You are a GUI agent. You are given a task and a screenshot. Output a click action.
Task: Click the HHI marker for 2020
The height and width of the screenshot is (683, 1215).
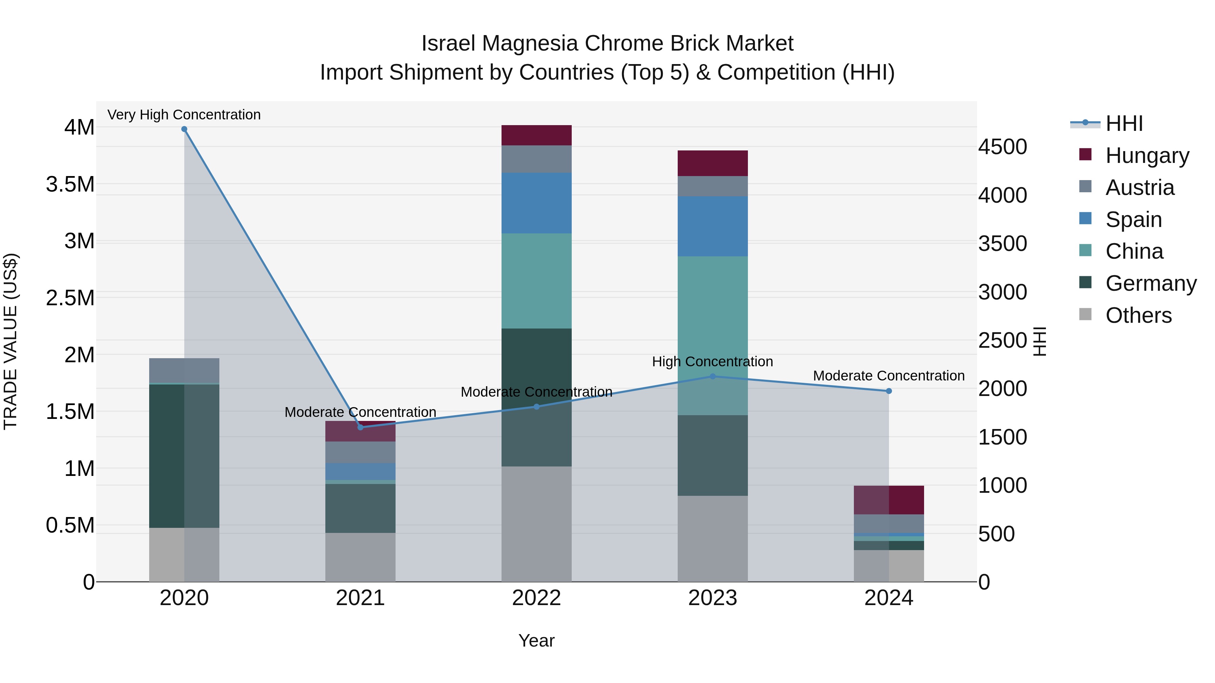click(184, 129)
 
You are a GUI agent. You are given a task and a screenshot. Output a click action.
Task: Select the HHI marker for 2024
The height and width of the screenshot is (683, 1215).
click(889, 391)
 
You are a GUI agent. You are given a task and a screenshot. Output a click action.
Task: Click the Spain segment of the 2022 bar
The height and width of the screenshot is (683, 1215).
click(536, 203)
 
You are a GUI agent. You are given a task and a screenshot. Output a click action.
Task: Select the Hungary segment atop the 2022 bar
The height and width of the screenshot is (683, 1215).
click(536, 135)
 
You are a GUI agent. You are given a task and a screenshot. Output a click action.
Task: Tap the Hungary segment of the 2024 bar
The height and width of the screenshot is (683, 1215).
click(889, 500)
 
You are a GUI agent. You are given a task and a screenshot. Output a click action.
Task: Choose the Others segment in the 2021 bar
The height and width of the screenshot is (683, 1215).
click(360, 557)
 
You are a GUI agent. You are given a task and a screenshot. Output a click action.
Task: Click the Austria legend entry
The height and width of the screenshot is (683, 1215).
click(1139, 188)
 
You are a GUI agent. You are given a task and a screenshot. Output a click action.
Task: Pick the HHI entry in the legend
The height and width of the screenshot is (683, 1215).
click(1124, 123)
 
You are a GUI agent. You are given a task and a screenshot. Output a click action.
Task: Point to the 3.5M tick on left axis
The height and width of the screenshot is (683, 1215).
click(70, 184)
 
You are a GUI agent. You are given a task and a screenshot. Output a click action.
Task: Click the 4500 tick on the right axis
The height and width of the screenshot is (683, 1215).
click(1002, 147)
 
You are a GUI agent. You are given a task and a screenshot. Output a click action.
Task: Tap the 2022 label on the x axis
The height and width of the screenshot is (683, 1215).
click(536, 598)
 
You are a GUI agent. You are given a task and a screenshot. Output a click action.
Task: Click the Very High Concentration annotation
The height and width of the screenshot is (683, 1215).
click(184, 115)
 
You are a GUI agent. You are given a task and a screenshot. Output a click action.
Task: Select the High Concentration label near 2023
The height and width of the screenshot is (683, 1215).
click(712, 362)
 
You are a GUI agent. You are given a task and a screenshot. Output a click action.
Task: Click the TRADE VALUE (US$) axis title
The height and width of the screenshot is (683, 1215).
click(10, 341)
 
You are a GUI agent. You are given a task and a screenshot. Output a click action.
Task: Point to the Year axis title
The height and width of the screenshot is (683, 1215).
click(536, 641)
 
